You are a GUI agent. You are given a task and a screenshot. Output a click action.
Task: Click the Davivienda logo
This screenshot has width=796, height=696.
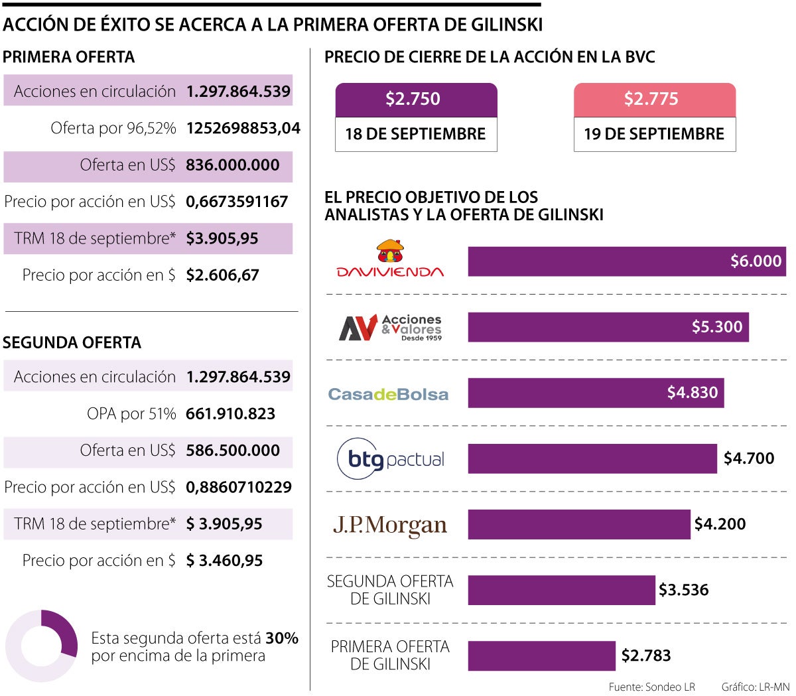point(390,259)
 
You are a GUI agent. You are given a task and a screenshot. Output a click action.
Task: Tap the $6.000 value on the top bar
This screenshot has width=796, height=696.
point(756,261)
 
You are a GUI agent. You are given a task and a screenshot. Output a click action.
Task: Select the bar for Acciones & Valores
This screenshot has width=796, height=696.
point(608,327)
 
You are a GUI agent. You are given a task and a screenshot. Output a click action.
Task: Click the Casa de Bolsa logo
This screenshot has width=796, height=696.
point(389,394)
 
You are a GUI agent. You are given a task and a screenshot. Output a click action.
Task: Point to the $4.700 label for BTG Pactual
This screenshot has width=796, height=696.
point(748,458)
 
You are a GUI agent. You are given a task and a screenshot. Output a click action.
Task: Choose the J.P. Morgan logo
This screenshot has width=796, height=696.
point(390,525)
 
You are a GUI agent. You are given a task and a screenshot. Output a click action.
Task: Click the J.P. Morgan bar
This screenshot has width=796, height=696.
point(578,524)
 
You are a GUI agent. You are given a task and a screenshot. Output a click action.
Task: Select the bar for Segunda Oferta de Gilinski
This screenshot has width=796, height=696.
point(561,590)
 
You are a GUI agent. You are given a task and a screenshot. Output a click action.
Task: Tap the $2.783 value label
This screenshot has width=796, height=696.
point(645,656)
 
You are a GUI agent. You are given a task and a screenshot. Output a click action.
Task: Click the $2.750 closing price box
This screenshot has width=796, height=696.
point(416,100)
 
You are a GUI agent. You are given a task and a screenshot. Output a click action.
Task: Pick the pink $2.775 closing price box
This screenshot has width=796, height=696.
point(654,100)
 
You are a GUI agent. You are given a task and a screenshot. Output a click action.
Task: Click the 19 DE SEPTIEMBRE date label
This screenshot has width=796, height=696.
point(654,134)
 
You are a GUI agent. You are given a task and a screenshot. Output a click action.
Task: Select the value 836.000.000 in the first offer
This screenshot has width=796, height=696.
point(232,165)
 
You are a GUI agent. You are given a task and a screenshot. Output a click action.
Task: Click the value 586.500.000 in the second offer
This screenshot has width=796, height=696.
point(232,451)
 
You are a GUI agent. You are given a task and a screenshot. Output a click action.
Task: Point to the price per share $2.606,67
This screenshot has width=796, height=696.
point(222,275)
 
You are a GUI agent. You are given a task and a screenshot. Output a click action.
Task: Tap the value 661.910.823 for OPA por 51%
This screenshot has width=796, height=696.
point(230,414)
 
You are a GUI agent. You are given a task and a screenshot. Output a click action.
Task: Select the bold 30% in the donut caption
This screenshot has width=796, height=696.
point(281,638)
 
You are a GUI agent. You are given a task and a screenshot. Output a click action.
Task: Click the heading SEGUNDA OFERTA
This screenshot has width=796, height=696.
point(72,343)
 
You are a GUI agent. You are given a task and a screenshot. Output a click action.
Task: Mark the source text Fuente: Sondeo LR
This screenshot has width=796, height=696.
point(651,687)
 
